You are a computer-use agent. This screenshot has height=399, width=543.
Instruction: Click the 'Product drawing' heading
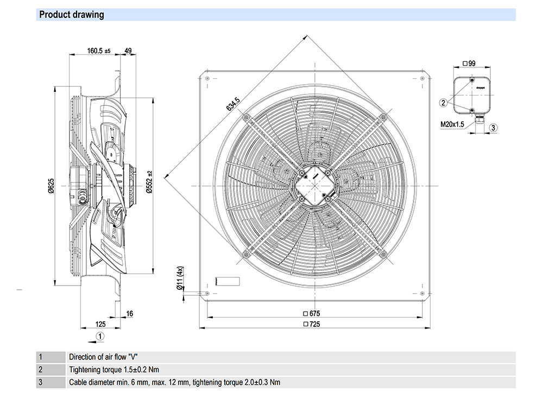(71, 15)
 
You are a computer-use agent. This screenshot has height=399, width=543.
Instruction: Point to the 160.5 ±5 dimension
(99, 51)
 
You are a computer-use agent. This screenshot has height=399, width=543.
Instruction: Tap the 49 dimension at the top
(128, 50)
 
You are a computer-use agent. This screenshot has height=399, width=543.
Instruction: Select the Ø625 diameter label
(51, 186)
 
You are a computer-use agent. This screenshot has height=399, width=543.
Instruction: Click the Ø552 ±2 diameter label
(149, 182)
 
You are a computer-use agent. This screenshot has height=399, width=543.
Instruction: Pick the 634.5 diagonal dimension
(233, 104)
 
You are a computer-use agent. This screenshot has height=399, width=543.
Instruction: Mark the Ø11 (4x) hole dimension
(180, 278)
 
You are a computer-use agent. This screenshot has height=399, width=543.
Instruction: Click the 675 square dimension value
(312, 313)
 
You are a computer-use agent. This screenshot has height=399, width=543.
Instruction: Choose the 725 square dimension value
(312, 324)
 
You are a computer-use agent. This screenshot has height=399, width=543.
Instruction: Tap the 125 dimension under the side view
(100, 324)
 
